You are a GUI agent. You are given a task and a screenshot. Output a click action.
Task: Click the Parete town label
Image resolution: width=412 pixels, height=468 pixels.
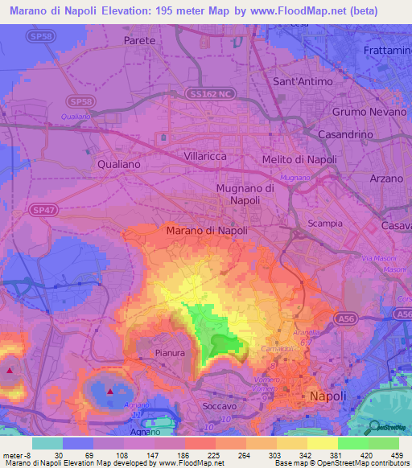coord(139,39)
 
